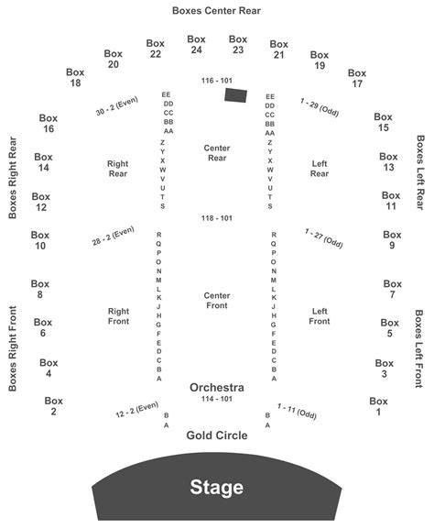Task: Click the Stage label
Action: (x=217, y=488)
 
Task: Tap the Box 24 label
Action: (x=196, y=45)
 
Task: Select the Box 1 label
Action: (x=378, y=406)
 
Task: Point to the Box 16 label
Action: (x=49, y=123)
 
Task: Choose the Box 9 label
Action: (x=392, y=240)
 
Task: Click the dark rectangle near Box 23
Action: (x=236, y=95)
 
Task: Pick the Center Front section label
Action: (x=217, y=301)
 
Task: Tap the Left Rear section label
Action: (x=320, y=169)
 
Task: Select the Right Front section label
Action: (x=118, y=315)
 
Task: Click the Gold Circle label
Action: (x=217, y=435)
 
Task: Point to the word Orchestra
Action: (x=217, y=387)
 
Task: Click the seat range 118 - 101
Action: (x=217, y=218)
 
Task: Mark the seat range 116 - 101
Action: (x=217, y=81)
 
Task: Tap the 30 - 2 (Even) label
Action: (x=117, y=106)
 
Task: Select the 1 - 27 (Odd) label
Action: (x=324, y=238)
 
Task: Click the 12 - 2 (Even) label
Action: (x=136, y=409)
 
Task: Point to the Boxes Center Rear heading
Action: (x=216, y=10)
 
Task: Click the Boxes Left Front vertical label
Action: (x=418, y=348)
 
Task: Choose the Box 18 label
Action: (x=75, y=77)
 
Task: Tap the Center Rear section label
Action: (x=217, y=153)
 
